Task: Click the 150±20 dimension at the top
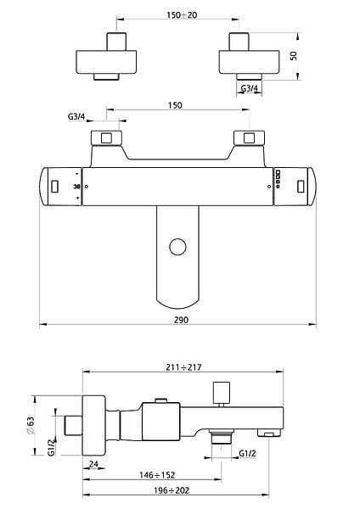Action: coord(182,15)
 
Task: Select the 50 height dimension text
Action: coord(294,56)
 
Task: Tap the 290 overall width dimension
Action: coord(181,320)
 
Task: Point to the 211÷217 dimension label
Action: coord(183,367)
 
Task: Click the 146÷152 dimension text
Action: coord(157,475)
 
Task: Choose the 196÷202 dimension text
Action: coord(172,490)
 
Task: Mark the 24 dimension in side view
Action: coord(93,464)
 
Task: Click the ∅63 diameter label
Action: coord(30,426)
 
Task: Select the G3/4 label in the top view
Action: coord(250,88)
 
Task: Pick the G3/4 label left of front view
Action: coord(76,116)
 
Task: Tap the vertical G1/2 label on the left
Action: coord(52,447)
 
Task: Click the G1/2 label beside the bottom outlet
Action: coord(247,454)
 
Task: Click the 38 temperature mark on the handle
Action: coord(77,187)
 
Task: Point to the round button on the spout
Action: coord(177,247)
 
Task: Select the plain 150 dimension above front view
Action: coord(175,105)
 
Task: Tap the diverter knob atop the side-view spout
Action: coord(222,393)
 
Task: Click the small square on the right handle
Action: coord(301,187)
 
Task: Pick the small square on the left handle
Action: coord(55,187)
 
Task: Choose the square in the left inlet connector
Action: coord(106,138)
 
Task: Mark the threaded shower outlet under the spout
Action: coord(222,437)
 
